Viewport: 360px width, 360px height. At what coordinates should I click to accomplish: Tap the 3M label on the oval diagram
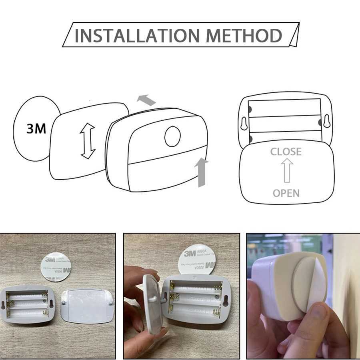coord(36,129)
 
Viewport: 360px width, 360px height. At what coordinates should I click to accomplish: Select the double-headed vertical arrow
coord(88,141)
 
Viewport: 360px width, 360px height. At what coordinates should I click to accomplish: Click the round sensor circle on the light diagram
coord(172,137)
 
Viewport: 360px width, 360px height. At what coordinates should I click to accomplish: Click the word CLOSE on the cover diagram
coord(286,152)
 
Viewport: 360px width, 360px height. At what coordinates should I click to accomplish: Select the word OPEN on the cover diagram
coord(286,193)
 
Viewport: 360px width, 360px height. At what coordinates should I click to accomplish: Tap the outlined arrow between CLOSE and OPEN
coord(286,171)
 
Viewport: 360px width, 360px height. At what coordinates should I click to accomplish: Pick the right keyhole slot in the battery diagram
coord(327,123)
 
